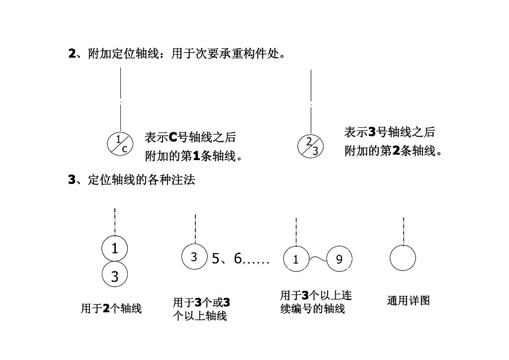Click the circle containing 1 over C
pos(120,144)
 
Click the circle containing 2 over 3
pos(310,146)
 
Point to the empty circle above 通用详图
pos(403,259)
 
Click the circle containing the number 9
pos(339,259)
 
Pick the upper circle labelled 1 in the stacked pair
pos(115,248)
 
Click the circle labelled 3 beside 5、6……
pos(194,257)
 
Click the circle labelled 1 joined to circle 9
pos(296,259)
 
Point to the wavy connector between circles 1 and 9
pos(318,258)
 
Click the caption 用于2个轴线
pos(111,309)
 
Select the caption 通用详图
pos(408,301)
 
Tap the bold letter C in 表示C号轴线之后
pos(173,137)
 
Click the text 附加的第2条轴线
pos(393,151)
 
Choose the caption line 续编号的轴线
pos(312,309)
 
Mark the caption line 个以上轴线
pos(199,316)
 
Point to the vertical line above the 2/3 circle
pos(311,99)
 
